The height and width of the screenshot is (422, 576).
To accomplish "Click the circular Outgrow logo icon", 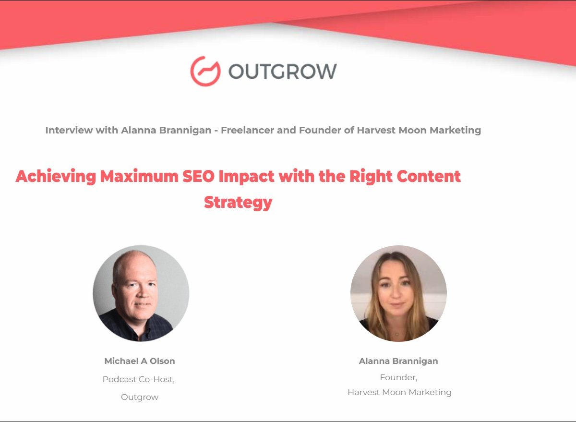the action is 205,71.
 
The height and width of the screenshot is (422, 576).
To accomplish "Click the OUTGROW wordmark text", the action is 283,71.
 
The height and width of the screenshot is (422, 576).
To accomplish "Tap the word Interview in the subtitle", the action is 69,130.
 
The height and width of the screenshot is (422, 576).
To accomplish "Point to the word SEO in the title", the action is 198,176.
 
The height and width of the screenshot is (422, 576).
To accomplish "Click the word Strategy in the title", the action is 238,203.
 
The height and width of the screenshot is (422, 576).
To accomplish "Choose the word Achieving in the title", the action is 56,177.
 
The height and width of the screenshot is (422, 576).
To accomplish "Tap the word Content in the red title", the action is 428,176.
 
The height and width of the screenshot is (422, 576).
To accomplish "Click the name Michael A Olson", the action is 140,361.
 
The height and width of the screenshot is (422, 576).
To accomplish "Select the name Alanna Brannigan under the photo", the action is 398,362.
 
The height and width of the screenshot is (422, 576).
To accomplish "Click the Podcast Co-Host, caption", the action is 139,379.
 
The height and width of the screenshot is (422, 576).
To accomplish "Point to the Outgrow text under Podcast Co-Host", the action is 140,397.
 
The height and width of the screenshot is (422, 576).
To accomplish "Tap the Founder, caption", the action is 398,377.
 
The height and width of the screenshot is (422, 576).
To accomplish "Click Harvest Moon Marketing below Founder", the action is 399,392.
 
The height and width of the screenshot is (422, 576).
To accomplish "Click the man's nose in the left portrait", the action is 142,293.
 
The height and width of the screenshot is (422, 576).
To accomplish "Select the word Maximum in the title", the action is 139,176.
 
